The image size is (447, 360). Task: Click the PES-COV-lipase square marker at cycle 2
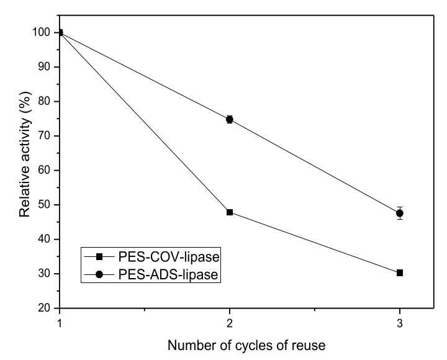point(230,212)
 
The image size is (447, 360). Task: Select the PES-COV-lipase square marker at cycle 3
point(400,272)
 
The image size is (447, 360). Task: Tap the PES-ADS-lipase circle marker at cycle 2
point(230,119)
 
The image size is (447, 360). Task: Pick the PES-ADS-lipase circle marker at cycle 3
point(400,214)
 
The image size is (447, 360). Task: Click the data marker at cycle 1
point(60,32)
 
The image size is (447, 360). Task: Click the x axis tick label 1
point(60,323)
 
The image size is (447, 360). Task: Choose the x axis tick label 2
point(230,323)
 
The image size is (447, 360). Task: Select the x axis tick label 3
point(400,323)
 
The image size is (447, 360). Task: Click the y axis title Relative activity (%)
point(24,169)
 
